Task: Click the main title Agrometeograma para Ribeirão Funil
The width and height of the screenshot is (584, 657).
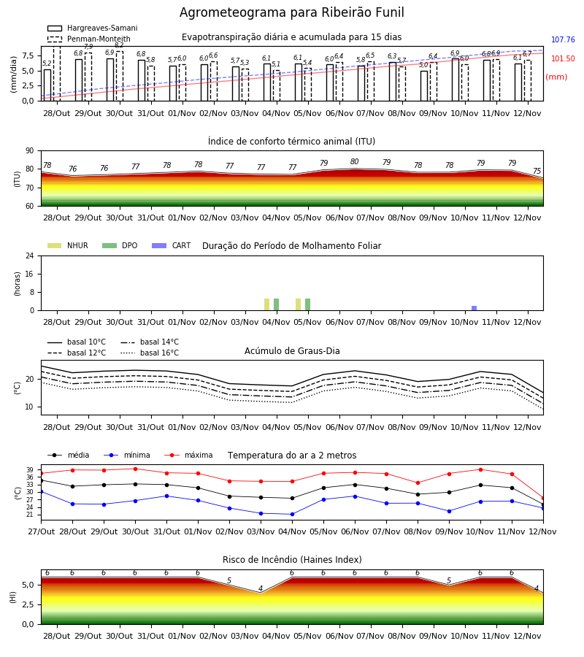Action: (x=291, y=12)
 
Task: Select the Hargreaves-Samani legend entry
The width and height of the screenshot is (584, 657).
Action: (x=92, y=28)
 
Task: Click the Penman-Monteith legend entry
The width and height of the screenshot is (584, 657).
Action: (x=89, y=39)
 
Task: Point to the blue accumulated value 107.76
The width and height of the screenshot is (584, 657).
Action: (x=563, y=40)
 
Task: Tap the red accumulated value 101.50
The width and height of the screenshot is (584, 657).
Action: (x=563, y=58)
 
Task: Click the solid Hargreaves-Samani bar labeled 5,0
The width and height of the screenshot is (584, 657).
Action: (x=424, y=86)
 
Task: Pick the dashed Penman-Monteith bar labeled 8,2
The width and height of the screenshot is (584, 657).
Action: (x=120, y=76)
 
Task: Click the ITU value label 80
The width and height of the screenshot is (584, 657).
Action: (x=355, y=162)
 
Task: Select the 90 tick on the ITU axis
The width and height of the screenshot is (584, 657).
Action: (x=30, y=151)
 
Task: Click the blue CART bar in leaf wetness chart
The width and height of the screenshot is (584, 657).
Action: (x=474, y=308)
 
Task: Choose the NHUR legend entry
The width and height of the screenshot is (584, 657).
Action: (x=68, y=245)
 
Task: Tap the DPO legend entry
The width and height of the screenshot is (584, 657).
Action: (x=120, y=245)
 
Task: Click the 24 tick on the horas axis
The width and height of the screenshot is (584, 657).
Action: (x=30, y=255)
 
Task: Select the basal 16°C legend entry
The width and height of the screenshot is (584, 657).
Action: (x=150, y=353)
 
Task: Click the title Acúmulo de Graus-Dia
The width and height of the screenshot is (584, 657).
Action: (x=292, y=351)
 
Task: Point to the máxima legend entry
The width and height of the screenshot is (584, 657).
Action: (x=188, y=455)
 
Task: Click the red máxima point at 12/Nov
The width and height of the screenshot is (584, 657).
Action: (x=543, y=499)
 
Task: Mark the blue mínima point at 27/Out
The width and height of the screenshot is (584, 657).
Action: (x=41, y=491)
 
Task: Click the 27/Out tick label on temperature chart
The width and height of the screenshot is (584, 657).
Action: (x=41, y=531)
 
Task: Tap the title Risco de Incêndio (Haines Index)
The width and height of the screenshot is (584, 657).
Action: (x=292, y=560)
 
